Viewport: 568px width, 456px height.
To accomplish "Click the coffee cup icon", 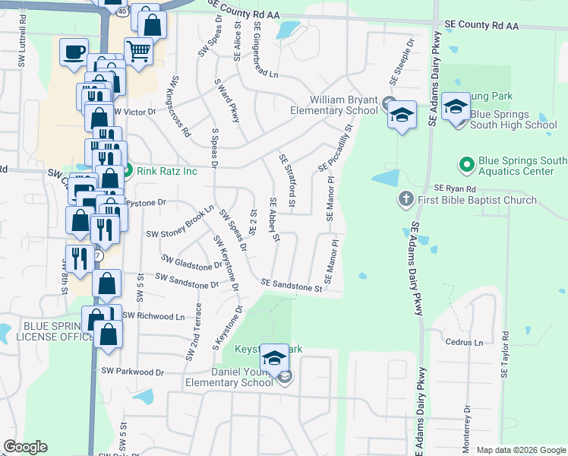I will [74, 52].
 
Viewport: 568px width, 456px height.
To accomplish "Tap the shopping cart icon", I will [139, 52].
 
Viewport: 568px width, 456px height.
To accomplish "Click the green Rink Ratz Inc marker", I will [128, 170].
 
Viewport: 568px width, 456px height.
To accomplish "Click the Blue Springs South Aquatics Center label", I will [522, 166].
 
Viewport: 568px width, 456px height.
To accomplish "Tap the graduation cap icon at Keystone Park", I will [274, 357].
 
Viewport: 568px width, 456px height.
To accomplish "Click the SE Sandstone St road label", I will [291, 285].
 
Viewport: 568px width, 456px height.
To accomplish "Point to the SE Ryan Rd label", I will [454, 188].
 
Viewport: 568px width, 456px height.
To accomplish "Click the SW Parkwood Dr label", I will [133, 372].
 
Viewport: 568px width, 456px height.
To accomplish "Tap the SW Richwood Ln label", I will [153, 315].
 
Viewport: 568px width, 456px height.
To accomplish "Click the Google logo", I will [25, 447].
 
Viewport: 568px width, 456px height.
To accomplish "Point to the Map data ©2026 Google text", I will [521, 450].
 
